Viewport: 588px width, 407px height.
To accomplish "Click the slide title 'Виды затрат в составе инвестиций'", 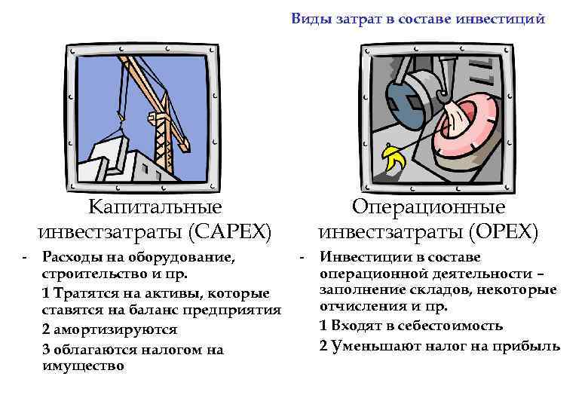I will point(418,19).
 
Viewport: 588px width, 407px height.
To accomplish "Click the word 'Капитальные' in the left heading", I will point(155,206).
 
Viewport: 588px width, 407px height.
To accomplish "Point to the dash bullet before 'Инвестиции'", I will point(302,258).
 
